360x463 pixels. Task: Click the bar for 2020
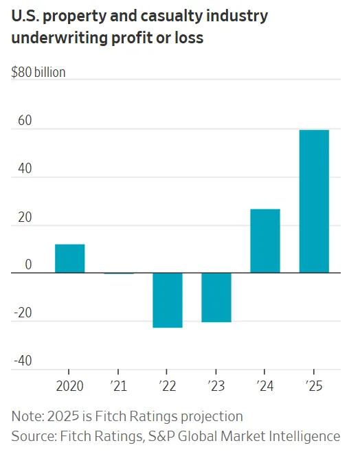pos(70,259)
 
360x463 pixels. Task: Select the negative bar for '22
pos(168,300)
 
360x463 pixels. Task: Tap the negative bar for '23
pos(216,297)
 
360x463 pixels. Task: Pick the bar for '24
pos(265,241)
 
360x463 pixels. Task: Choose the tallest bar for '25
pos(314,201)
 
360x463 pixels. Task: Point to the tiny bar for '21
pos(119,273)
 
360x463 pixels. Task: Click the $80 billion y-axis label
pos(38,72)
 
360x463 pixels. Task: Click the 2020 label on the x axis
pos(69,386)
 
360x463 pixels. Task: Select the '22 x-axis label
pos(168,386)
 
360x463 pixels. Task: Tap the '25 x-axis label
pos(314,386)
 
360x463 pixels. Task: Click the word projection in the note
pos(210,416)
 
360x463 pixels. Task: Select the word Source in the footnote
pos(32,436)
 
